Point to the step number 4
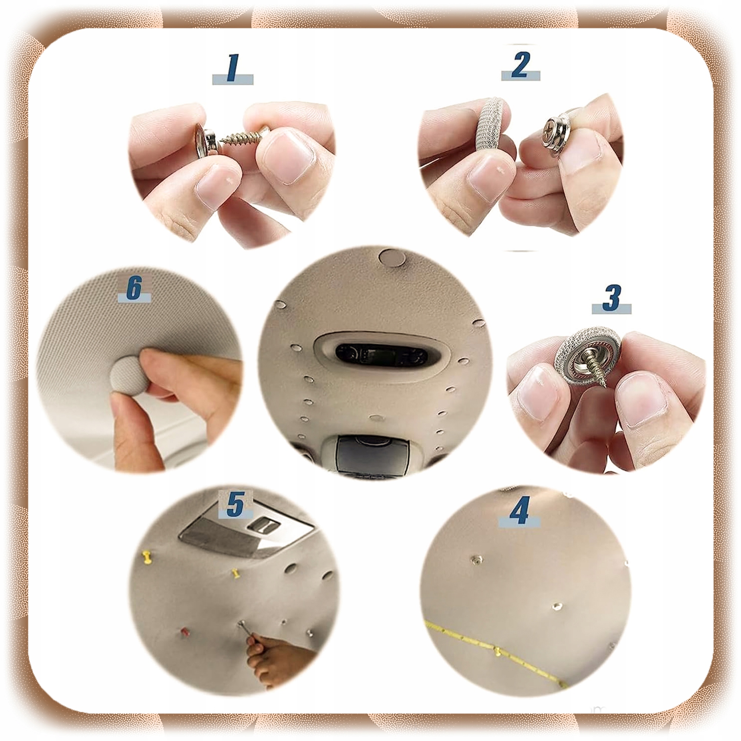click(520, 510)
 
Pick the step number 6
click(134, 287)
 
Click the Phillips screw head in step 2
click(548, 133)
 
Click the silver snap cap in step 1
click(206, 140)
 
